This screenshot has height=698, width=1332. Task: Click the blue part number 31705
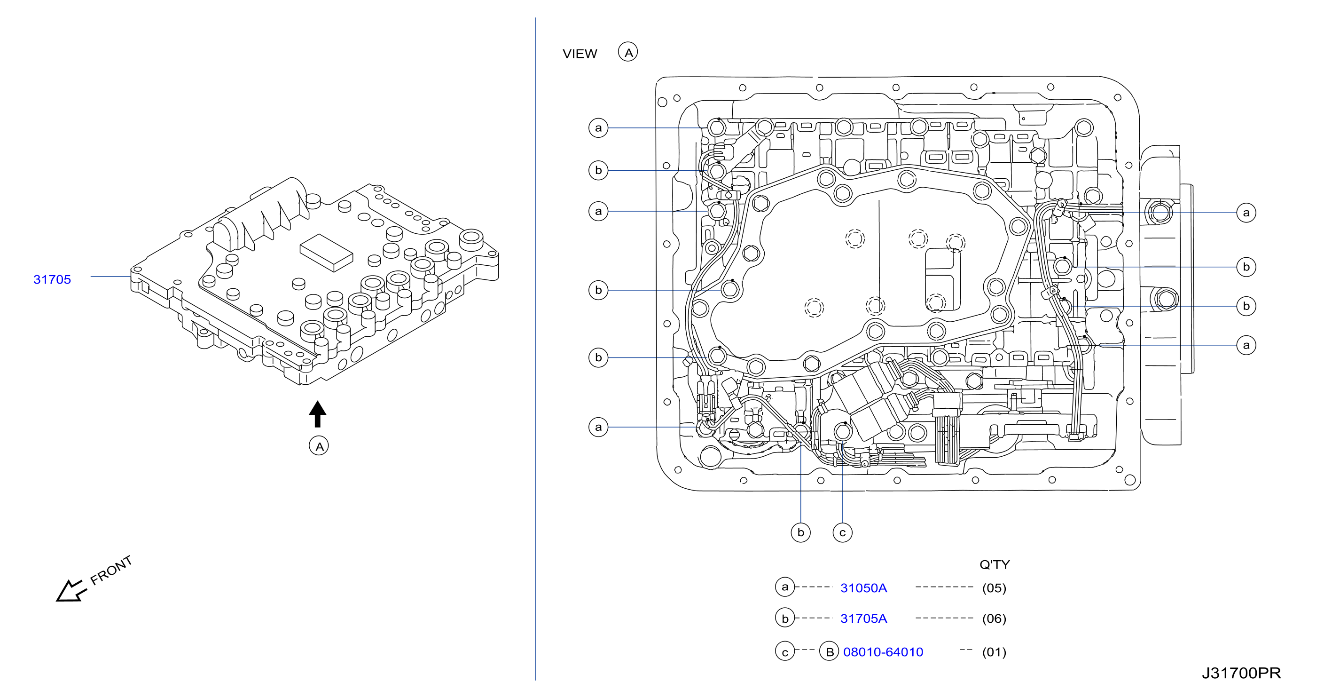(x=52, y=279)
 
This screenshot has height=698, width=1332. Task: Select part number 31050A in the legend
(x=863, y=588)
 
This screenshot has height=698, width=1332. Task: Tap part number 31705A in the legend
(x=863, y=619)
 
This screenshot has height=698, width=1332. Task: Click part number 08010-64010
(x=883, y=652)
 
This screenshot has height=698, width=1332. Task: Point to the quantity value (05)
(x=994, y=588)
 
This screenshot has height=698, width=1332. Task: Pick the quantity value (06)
(x=994, y=619)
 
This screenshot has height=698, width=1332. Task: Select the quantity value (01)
(x=994, y=652)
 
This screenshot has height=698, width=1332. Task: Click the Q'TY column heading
(x=995, y=564)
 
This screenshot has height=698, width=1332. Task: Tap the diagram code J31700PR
(x=1241, y=673)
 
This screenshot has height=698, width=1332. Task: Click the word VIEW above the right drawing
(x=580, y=54)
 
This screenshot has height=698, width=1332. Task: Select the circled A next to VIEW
(x=628, y=52)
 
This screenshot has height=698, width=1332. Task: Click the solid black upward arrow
(x=317, y=414)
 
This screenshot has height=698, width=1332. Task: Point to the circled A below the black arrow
(x=319, y=446)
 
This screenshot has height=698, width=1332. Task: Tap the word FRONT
(x=111, y=570)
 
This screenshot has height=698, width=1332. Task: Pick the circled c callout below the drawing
(x=842, y=532)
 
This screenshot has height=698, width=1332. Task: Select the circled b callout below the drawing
(x=800, y=532)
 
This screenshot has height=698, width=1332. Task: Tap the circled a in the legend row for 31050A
(x=785, y=587)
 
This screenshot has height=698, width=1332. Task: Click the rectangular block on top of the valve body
(x=326, y=253)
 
